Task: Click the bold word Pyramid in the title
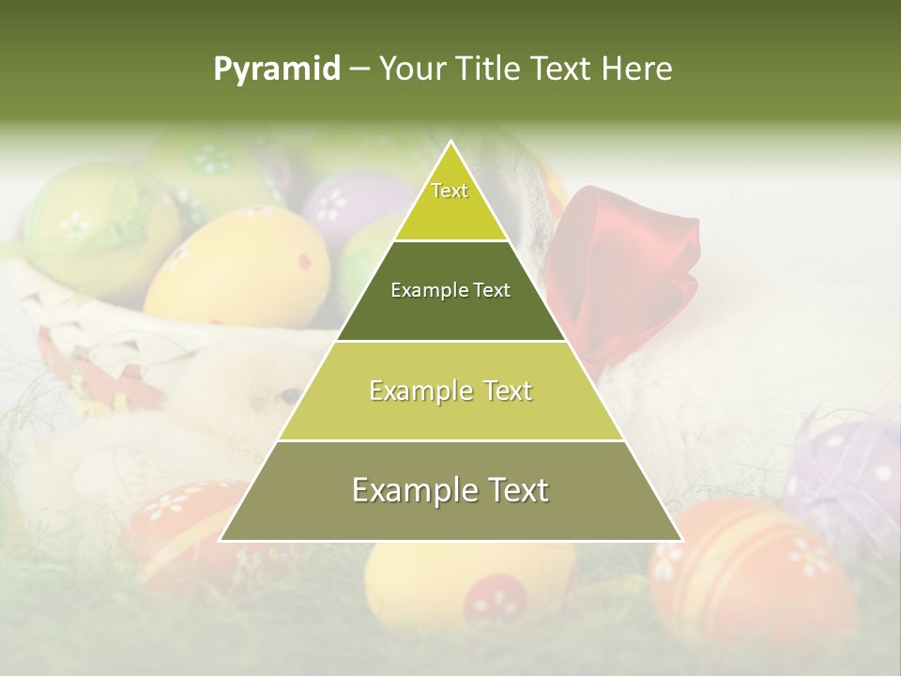coord(276,69)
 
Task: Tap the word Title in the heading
coord(492,69)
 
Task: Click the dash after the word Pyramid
coord(359,69)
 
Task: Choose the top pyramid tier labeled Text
coord(450,197)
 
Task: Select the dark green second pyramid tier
coord(450,291)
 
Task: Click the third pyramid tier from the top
coord(450,392)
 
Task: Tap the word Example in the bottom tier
coord(409,491)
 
